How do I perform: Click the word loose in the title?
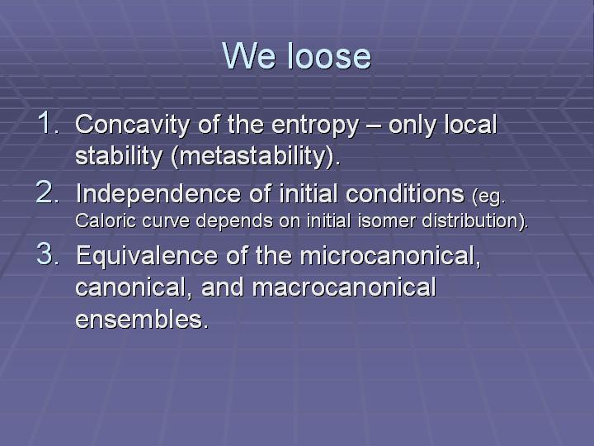[x=329, y=55]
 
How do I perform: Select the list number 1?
[x=49, y=122]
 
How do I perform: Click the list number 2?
[x=48, y=192]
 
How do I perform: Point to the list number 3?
[x=48, y=254]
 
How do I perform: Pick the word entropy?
[x=315, y=126]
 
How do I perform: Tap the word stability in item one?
[x=119, y=156]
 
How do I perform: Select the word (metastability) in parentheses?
[x=253, y=156]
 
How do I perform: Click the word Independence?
[x=158, y=194]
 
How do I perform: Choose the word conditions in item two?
[x=404, y=193]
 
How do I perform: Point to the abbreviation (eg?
[x=488, y=197]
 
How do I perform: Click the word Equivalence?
[x=147, y=256]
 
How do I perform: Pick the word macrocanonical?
[x=343, y=287]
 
